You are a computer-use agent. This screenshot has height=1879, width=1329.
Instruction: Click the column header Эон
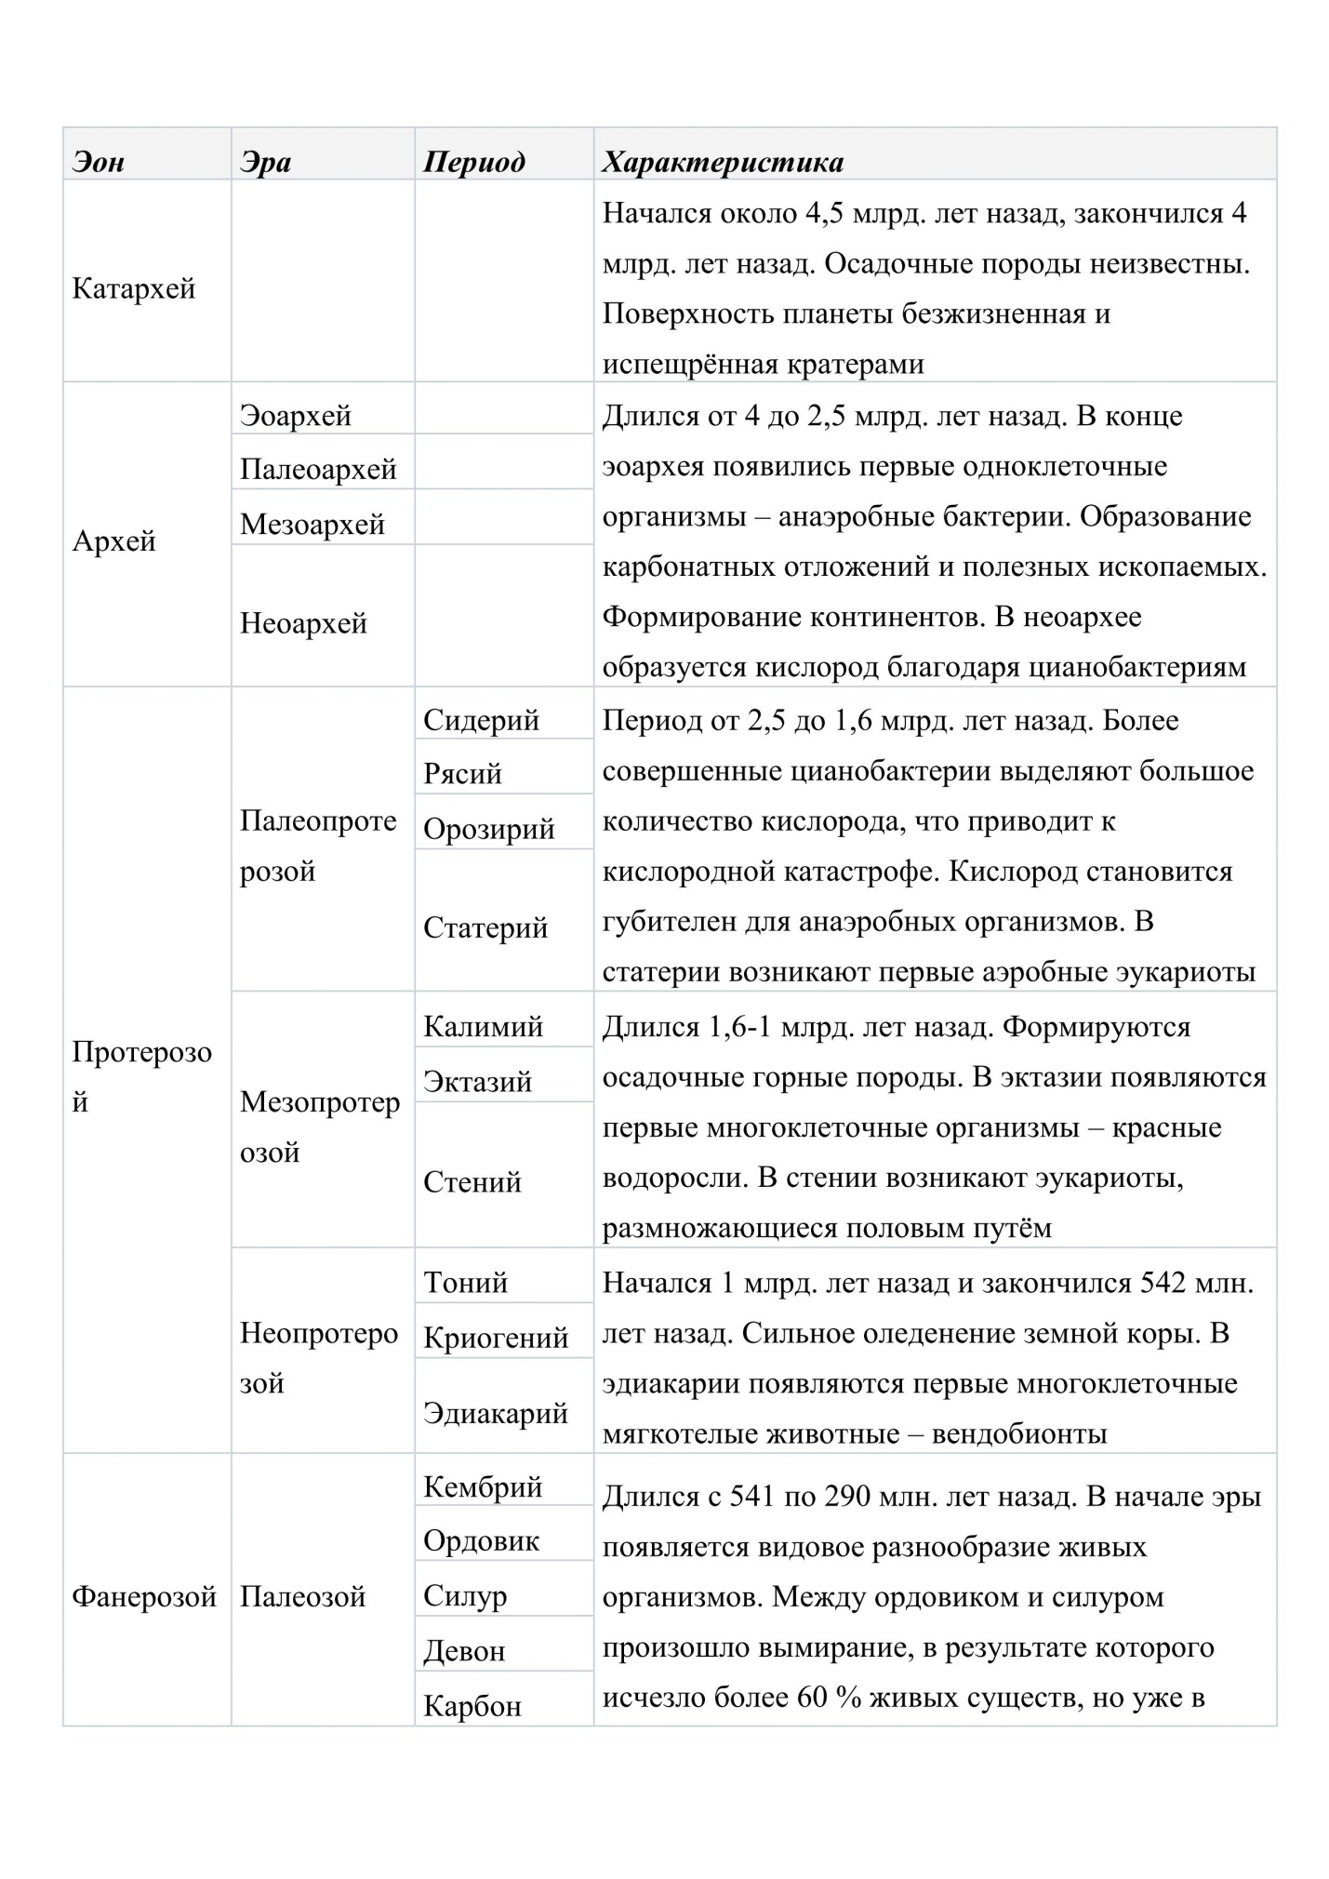(98, 162)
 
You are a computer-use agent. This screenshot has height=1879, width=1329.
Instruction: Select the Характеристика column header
(723, 162)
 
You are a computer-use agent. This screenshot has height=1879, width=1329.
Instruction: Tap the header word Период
(473, 162)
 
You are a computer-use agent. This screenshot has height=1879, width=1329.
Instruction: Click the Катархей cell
(134, 288)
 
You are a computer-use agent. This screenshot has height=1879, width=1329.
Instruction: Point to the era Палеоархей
(318, 469)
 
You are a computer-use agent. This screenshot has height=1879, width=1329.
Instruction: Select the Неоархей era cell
(303, 622)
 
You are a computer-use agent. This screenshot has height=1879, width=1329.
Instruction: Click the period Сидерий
(481, 720)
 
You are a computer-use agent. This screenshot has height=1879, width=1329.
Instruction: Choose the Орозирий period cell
(488, 829)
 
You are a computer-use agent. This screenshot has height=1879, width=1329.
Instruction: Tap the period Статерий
(485, 927)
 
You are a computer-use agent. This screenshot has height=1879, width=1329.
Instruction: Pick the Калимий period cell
(483, 1026)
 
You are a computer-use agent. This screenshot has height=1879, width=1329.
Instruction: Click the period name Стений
(472, 1182)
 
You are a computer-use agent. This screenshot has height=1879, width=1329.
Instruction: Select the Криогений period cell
(496, 1338)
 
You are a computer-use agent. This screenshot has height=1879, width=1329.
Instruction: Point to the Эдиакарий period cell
(496, 1413)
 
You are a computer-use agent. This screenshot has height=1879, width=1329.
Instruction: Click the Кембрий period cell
(483, 1486)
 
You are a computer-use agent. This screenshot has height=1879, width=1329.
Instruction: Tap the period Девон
(464, 1651)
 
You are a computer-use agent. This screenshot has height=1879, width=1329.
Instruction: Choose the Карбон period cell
(472, 1706)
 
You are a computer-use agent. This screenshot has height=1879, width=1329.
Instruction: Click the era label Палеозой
(302, 1597)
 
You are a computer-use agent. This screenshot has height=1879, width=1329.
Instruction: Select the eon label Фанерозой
(144, 1597)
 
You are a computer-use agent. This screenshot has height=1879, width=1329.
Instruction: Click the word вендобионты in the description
(1018, 1433)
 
